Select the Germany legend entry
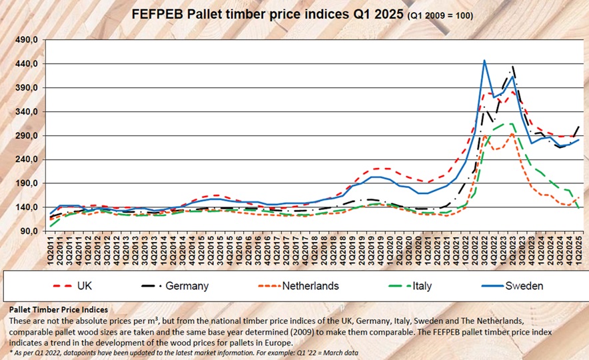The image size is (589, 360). (x=187, y=286)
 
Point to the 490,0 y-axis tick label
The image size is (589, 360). (x=25, y=40)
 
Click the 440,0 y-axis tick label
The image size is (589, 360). (x=25, y=64)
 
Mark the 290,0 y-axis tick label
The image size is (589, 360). (x=25, y=135)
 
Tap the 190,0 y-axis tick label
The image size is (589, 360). (x=25, y=183)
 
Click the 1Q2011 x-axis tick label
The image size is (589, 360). (x=51, y=250)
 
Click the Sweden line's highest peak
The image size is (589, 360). (x=484, y=61)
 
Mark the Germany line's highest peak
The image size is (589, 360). (x=512, y=66)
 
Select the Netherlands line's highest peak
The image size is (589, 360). (x=511, y=134)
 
